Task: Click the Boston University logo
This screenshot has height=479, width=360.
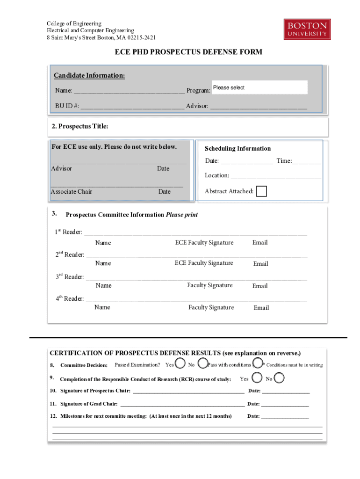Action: tap(307, 29)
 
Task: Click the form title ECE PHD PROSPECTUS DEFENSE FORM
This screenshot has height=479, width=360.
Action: tap(188, 52)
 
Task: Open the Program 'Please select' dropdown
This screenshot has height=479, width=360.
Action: tap(259, 87)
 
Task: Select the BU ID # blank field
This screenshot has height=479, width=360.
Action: tap(132, 106)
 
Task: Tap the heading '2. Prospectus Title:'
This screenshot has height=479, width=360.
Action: tap(80, 126)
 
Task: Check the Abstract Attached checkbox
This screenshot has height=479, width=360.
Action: tap(261, 191)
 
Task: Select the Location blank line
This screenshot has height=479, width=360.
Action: tap(276, 176)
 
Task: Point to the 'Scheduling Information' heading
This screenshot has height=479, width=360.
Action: tap(238, 148)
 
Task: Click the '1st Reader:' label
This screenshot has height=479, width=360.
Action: tap(68, 232)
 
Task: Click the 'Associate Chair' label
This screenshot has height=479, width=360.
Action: tap(72, 191)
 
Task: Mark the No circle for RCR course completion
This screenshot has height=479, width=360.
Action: tap(279, 378)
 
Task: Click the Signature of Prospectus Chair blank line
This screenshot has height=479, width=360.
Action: tap(188, 391)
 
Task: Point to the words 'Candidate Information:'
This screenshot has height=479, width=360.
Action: tap(89, 76)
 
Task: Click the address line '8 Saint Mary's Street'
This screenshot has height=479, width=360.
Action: tap(101, 37)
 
